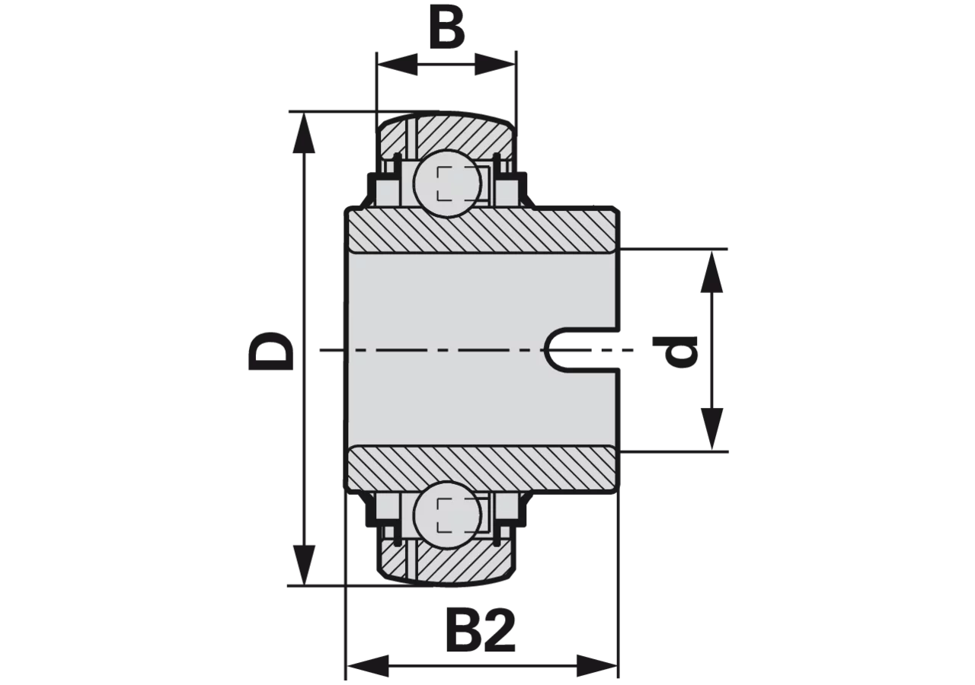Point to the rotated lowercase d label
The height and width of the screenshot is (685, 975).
click(x=675, y=351)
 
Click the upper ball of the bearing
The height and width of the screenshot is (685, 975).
click(x=447, y=184)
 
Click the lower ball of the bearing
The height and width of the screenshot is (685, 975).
click(x=447, y=515)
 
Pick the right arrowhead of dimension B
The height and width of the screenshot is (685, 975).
click(x=495, y=65)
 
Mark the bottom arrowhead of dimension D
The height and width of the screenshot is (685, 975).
click(x=304, y=565)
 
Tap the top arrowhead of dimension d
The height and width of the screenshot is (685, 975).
click(x=711, y=272)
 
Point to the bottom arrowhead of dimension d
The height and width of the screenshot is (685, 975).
click(x=711, y=429)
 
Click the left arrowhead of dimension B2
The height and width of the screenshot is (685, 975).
click(x=368, y=665)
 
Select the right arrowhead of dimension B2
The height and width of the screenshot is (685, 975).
click(x=596, y=665)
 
